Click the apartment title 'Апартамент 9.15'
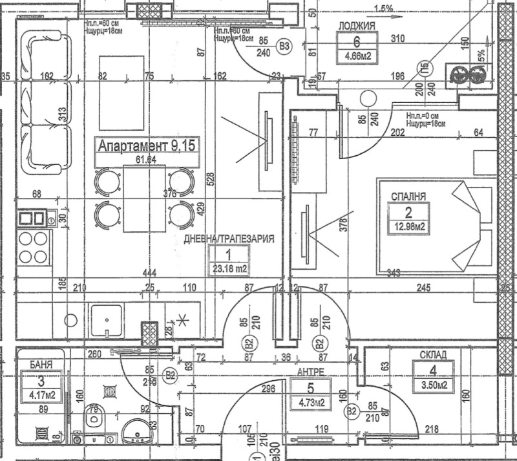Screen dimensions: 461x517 (146, 145)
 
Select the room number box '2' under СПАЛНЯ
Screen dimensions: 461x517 (408, 211)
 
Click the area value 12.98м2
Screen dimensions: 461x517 (408, 227)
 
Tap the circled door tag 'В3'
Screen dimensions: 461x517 (284, 46)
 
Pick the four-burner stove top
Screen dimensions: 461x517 (34, 247)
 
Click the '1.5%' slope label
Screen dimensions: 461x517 (383, 8)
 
